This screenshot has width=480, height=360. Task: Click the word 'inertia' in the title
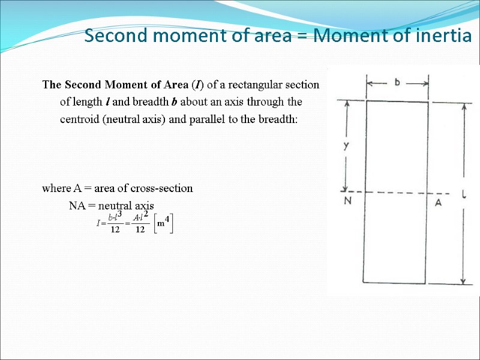click(443, 37)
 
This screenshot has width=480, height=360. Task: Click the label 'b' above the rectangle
click(397, 82)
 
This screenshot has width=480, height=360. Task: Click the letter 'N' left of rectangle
click(347, 202)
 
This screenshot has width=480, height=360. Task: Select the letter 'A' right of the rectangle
click(439, 203)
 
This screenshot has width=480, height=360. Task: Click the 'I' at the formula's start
click(98, 223)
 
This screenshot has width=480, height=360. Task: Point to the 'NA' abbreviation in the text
click(77, 206)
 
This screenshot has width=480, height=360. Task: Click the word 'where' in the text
click(56, 188)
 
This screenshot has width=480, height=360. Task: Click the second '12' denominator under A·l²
click(140, 230)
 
